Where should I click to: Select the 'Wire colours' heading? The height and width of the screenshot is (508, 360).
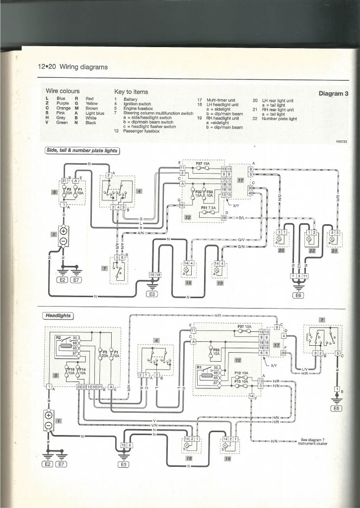coord(63,91)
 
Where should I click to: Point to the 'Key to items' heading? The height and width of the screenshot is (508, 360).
coord(131,92)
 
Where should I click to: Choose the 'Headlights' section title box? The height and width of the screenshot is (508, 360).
coord(59,315)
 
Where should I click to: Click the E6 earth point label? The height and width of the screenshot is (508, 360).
coord(298,295)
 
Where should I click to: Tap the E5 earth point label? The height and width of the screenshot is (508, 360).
coord(337,408)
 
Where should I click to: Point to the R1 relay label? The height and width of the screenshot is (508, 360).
coord(200,368)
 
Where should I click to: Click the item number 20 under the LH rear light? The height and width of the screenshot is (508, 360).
coord(282,251)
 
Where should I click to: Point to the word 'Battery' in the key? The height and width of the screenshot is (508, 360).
coord(130,99)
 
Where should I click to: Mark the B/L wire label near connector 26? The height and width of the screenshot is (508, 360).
coord(242,218)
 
